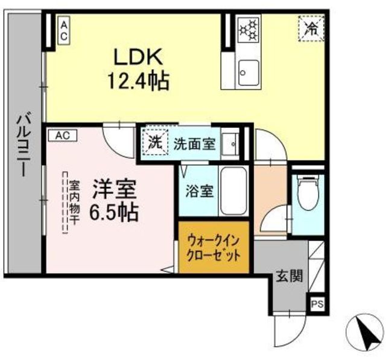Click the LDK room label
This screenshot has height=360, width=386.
pos(138,57)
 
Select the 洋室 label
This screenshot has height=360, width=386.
pos(115,189)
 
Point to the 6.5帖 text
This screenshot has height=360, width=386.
pos(114,212)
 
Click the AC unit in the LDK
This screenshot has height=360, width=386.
pos(64,30)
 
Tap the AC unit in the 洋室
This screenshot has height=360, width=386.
pos(63,136)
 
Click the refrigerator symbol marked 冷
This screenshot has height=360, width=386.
pos(311,28)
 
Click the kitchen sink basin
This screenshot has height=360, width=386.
pos(248,72)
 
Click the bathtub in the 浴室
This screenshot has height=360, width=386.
pos(233,191)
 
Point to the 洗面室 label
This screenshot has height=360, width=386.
pos(194,144)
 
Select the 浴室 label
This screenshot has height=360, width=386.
pos(200,191)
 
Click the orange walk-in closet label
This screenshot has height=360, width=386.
pos(213,248)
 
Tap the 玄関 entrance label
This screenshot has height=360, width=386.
pos(289,276)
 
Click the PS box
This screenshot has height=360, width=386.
pos(317,304)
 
